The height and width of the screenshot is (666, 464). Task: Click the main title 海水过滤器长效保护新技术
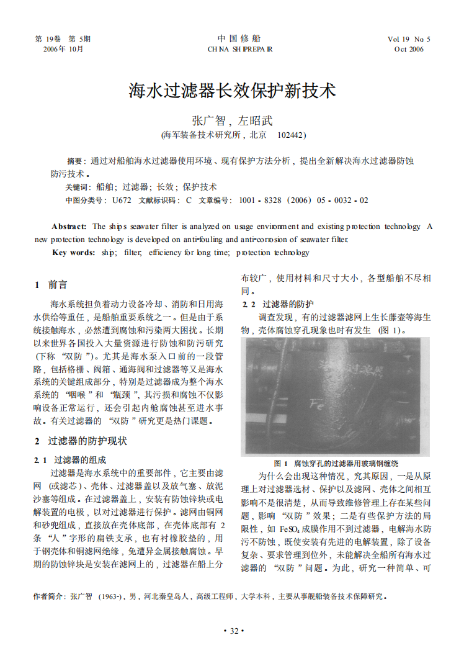coord(232,91)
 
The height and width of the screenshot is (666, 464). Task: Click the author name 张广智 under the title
coord(206,121)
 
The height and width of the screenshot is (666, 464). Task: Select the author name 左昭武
coord(255,121)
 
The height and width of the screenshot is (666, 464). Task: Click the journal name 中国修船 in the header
coord(239,38)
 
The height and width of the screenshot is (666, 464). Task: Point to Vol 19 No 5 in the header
coord(409,39)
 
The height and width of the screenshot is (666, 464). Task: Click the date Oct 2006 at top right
coord(409,49)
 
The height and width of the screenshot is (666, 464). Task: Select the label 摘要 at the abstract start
coord(74,161)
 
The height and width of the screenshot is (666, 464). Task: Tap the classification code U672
coord(122,200)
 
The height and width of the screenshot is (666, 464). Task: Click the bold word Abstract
coord(69,227)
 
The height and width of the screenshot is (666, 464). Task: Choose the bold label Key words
coord(73,253)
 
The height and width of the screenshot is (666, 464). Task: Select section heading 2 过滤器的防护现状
coord(80,441)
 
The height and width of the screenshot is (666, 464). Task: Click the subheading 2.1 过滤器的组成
coord(70,460)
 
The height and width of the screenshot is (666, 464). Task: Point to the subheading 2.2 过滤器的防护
coord(279,305)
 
